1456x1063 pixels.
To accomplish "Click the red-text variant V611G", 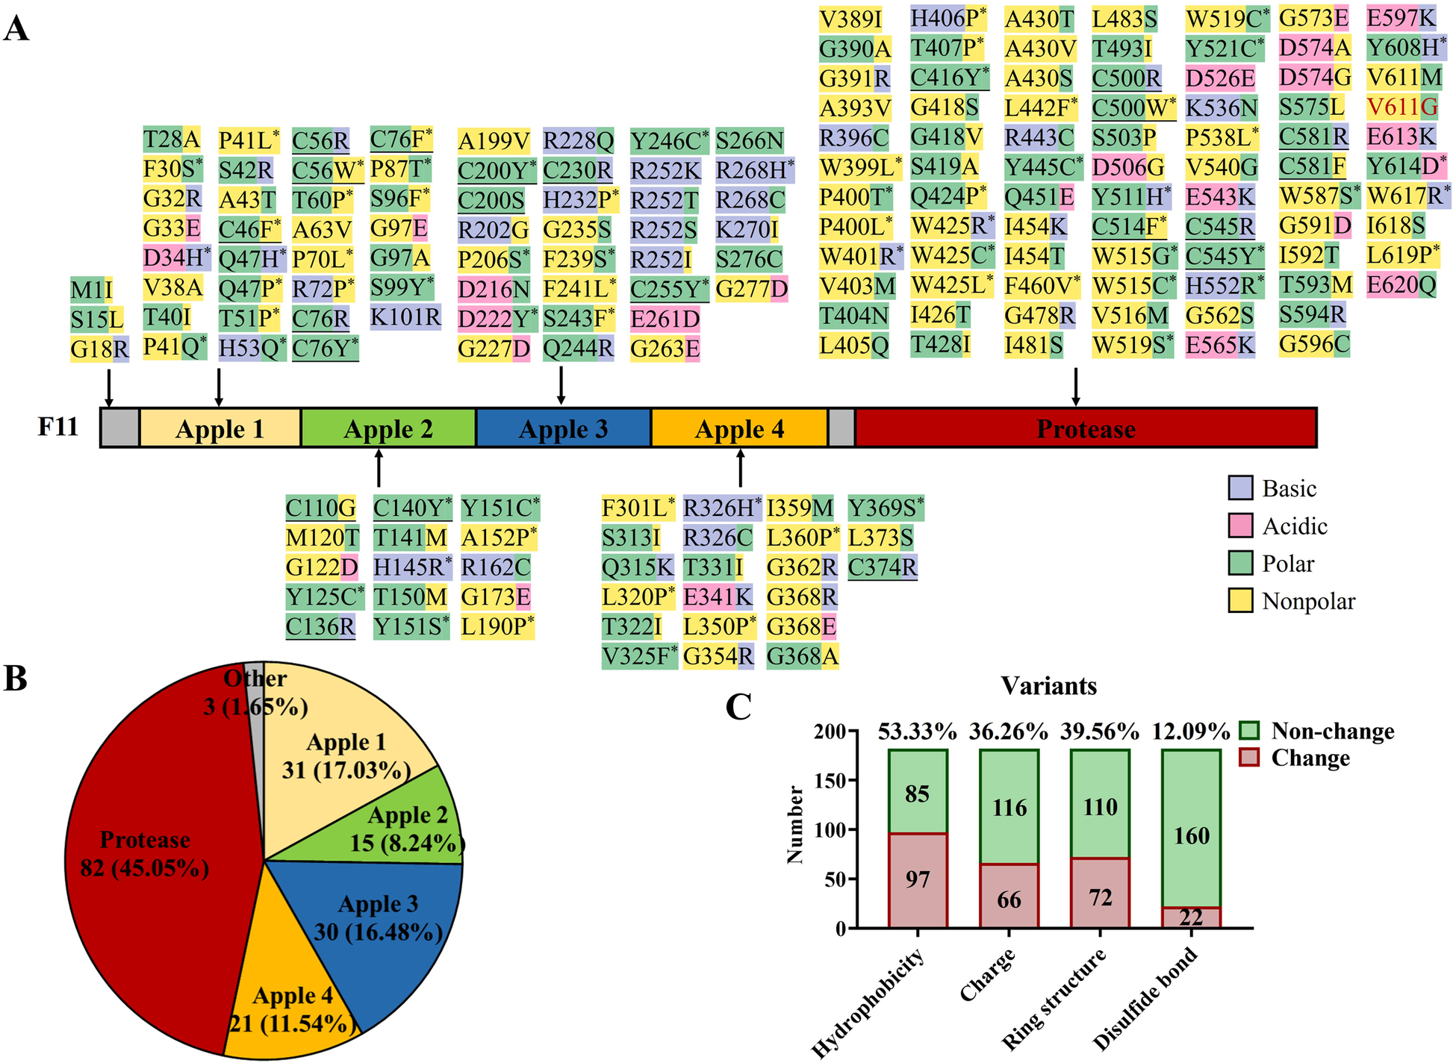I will [x=1401, y=107].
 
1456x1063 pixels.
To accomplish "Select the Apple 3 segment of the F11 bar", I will [x=563, y=428].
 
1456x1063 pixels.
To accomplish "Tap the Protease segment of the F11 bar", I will [x=1086, y=428].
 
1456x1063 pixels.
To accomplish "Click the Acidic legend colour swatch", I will [x=1240, y=526].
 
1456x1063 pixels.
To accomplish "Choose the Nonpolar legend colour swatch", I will [x=1240, y=600].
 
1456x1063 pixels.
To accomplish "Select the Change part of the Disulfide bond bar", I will [x=1191, y=917].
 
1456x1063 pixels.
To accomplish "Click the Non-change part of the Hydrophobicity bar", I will [x=918, y=791].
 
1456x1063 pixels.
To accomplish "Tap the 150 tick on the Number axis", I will [x=834, y=781].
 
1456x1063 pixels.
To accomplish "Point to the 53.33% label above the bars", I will [x=918, y=732].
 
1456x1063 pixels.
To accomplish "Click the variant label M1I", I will [x=91, y=290].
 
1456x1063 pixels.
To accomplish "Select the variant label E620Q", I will [x=1401, y=285].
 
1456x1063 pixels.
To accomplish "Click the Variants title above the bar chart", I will [x=1048, y=685].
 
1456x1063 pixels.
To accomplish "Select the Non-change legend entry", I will [x=1332, y=731].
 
